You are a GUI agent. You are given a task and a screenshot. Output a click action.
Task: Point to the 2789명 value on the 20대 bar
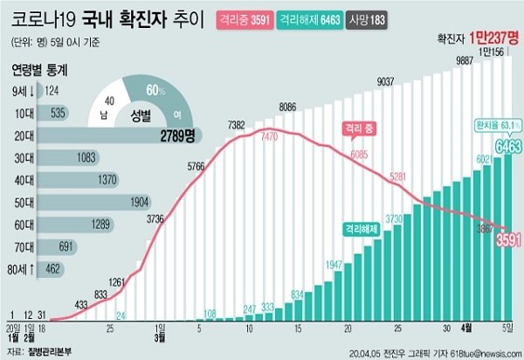pos(177,135)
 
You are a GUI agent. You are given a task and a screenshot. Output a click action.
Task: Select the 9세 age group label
pos(24,89)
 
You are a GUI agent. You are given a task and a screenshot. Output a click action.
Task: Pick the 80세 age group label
pos(24,269)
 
